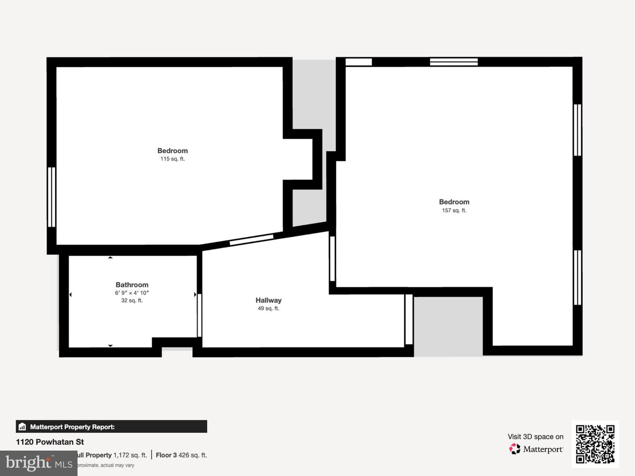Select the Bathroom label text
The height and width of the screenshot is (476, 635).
(132, 285)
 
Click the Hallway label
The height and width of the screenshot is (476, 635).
(268, 300)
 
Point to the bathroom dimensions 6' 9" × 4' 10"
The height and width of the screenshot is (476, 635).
(132, 293)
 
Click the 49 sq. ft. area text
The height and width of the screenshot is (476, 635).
(268, 309)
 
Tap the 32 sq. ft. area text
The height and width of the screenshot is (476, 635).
(132, 301)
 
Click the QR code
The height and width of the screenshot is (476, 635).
(595, 444)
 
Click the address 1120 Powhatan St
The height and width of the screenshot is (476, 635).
(50, 442)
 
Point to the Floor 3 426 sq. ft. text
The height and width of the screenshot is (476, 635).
(181, 455)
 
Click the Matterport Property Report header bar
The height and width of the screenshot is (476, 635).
(111, 427)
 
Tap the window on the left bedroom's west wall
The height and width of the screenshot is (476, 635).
(52, 197)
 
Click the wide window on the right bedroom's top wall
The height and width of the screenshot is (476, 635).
(454, 62)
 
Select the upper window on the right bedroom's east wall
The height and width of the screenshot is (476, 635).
(577, 130)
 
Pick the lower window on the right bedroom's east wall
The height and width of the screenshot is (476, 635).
(577, 278)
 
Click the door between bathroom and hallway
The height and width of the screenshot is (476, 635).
(199, 315)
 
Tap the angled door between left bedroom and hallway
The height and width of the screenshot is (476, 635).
(251, 240)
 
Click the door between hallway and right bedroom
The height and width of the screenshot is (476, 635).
(332, 259)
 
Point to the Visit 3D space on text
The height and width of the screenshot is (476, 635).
(535, 437)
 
